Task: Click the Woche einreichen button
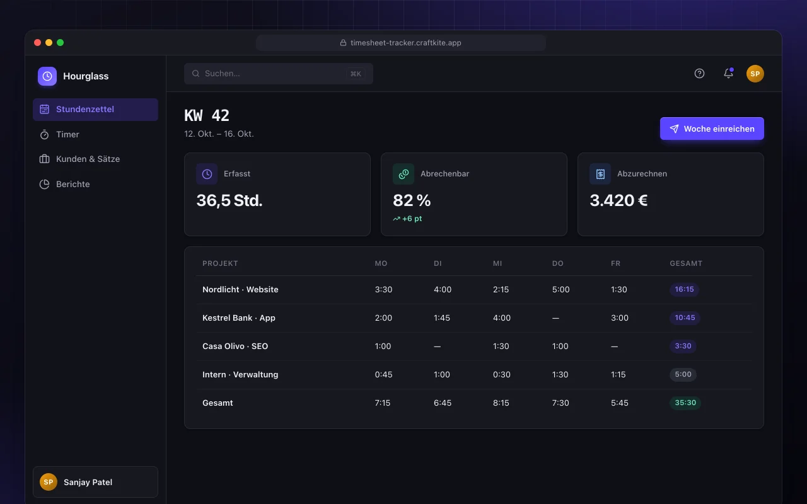tap(712, 129)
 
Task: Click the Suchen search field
tap(279, 74)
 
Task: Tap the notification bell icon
tap(728, 73)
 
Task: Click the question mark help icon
tap(699, 74)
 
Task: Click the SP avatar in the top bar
tap(755, 74)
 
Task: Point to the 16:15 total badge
tap(684, 289)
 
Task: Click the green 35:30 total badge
tap(685, 403)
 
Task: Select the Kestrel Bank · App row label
tap(238, 318)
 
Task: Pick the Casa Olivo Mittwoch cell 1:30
tap(501, 346)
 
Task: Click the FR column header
tap(615, 263)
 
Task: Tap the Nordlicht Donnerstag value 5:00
tap(560, 289)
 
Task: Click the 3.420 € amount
tap(618, 200)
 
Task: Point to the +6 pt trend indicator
tap(407, 219)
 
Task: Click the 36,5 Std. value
tap(229, 200)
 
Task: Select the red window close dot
tap(37, 42)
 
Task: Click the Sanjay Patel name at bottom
tap(88, 482)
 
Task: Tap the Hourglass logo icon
tap(47, 76)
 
